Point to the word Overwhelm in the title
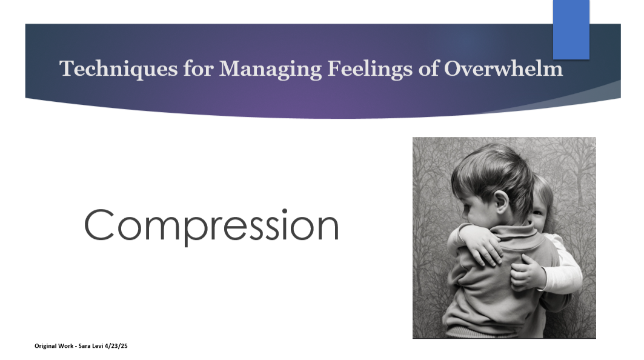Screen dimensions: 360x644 [503, 68]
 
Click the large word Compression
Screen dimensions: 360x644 [211, 225]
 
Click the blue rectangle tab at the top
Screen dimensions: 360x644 [571, 29]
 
